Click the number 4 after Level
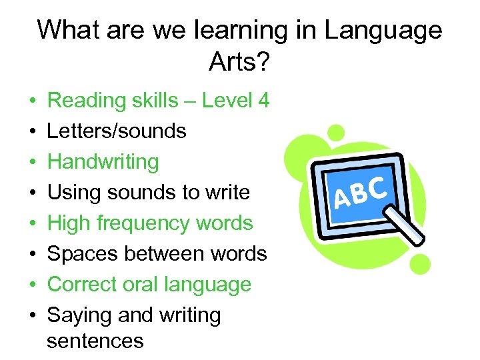point(263,101)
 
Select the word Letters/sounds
point(117,131)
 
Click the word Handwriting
point(103,162)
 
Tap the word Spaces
point(83,254)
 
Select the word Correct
point(82,285)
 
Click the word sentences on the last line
point(95,341)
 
